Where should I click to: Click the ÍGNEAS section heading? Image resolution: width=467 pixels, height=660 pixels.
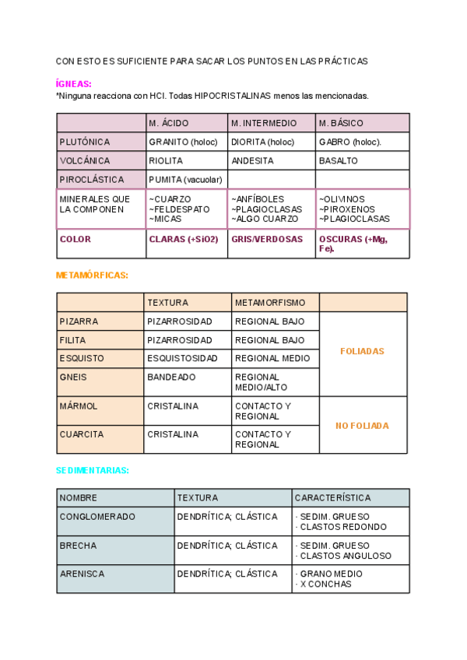click(x=74, y=83)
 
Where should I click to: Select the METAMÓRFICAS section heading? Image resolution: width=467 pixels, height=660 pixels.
click(x=92, y=275)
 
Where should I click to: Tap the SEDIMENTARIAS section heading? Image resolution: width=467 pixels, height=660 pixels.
click(x=92, y=470)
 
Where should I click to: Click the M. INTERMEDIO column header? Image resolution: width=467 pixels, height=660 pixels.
click(x=264, y=123)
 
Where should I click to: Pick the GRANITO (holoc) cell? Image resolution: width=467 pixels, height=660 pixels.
click(x=183, y=142)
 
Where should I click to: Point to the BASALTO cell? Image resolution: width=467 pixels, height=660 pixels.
click(x=339, y=160)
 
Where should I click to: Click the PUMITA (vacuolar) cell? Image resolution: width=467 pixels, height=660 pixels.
click(x=185, y=179)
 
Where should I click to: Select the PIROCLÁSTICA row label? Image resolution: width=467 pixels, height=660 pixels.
click(x=92, y=179)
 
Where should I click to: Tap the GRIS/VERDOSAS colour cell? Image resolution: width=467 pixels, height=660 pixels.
click(x=267, y=239)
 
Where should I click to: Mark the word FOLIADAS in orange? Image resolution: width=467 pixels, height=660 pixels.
click(x=362, y=351)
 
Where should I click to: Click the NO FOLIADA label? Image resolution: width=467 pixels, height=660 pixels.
click(x=362, y=426)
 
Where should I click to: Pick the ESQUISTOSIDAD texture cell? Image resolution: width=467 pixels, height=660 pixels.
click(x=182, y=358)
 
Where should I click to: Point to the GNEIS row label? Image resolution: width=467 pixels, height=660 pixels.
click(x=73, y=377)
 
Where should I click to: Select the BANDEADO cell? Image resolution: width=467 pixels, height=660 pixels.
click(x=172, y=377)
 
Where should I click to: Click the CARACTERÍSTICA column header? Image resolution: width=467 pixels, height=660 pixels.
click(x=333, y=497)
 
